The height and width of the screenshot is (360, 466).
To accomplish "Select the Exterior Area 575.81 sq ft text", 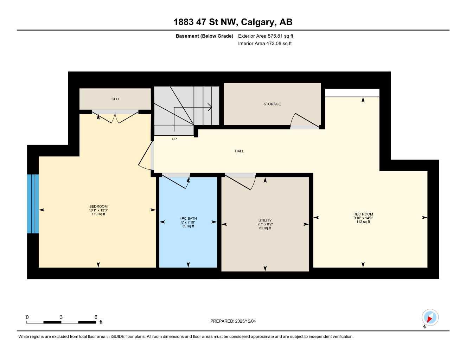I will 266,36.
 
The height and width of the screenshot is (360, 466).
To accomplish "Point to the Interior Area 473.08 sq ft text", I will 265,44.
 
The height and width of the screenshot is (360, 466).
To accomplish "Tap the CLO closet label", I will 115,99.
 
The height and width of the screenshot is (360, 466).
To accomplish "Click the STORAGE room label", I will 272,104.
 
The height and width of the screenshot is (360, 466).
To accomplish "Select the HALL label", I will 240,151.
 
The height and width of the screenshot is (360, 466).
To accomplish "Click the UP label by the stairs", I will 174,139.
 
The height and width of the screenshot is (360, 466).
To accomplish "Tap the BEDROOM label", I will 98,206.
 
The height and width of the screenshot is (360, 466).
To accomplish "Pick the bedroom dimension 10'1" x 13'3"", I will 98,210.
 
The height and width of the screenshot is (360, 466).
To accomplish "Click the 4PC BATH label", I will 188,219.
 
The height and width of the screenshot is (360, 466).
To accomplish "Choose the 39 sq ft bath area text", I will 188,226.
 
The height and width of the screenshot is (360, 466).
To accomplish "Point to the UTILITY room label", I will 265,220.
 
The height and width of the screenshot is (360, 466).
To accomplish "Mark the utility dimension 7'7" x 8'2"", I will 265,224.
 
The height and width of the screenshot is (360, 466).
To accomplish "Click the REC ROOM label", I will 363,214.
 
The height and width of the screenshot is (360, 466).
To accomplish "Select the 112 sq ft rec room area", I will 363,222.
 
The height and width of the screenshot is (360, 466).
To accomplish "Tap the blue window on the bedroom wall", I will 33,204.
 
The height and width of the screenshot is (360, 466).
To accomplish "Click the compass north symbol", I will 430,318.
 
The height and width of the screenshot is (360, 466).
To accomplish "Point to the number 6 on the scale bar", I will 96,317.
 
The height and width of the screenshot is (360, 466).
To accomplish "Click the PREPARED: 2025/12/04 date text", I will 233,321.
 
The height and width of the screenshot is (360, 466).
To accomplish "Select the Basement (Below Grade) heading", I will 204,36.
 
